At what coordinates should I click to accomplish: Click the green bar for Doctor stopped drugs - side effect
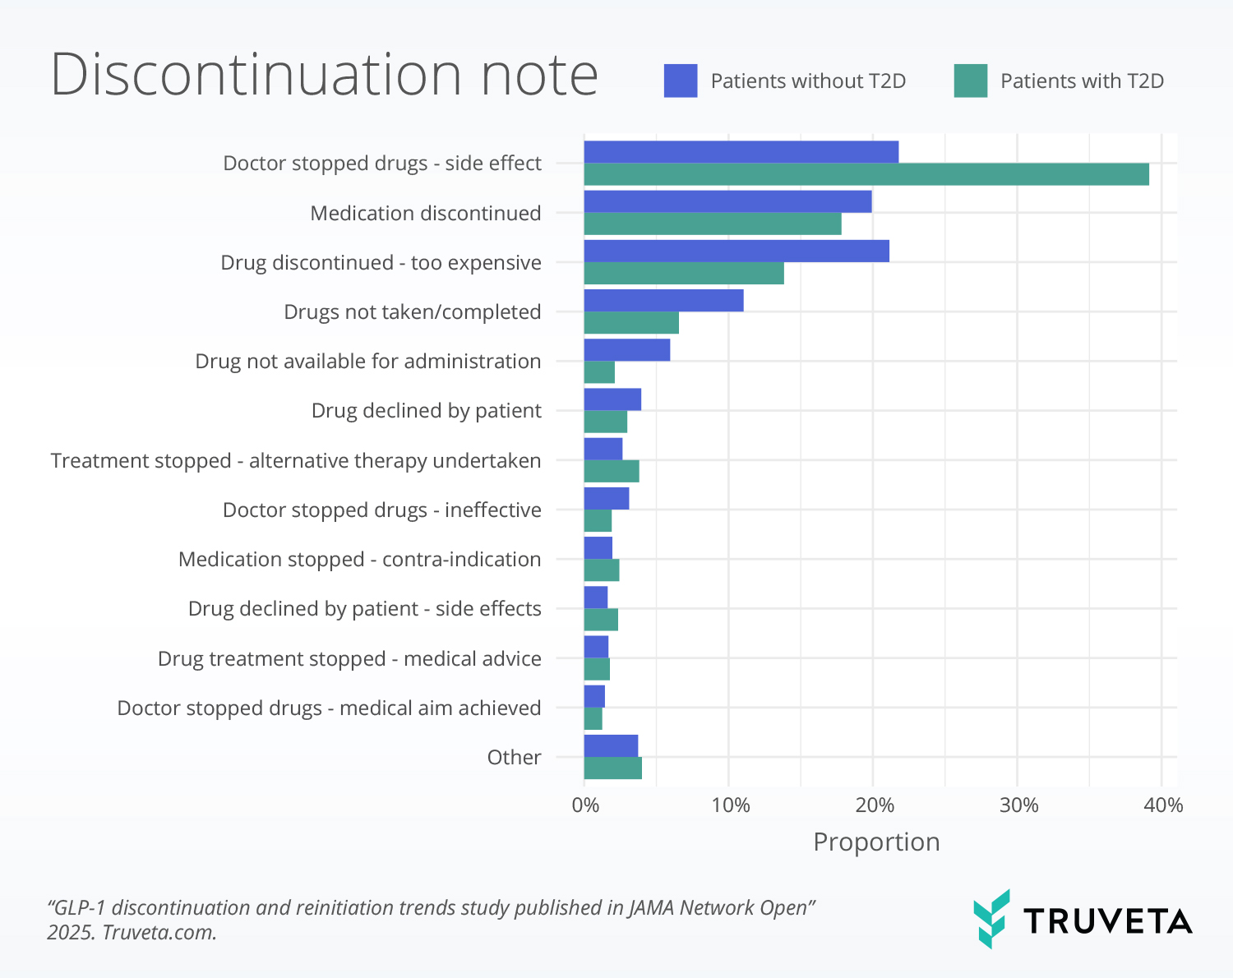(866, 174)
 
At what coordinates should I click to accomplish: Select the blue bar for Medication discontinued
(727, 201)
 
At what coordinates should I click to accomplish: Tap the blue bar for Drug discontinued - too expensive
(737, 251)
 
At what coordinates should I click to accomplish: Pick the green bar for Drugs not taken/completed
(631, 323)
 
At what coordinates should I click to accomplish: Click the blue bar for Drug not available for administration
(626, 349)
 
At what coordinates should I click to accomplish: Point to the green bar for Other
(612, 768)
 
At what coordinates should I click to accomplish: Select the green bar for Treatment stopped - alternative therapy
(612, 472)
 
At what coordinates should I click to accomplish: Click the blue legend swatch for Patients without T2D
(681, 81)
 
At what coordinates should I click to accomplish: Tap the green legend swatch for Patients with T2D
(970, 81)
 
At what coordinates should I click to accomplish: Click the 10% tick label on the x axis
(730, 805)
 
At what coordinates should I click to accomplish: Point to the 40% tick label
(1163, 805)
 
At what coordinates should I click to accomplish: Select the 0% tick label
(585, 805)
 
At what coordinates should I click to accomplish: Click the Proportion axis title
(876, 842)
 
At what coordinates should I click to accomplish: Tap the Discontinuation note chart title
(324, 74)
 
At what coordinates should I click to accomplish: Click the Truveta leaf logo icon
(991, 919)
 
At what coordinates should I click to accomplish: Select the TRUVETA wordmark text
(1108, 921)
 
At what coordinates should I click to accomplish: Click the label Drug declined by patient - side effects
(364, 609)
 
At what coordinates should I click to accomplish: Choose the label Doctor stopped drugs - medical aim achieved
(329, 708)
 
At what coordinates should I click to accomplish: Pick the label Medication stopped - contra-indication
(359, 560)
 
